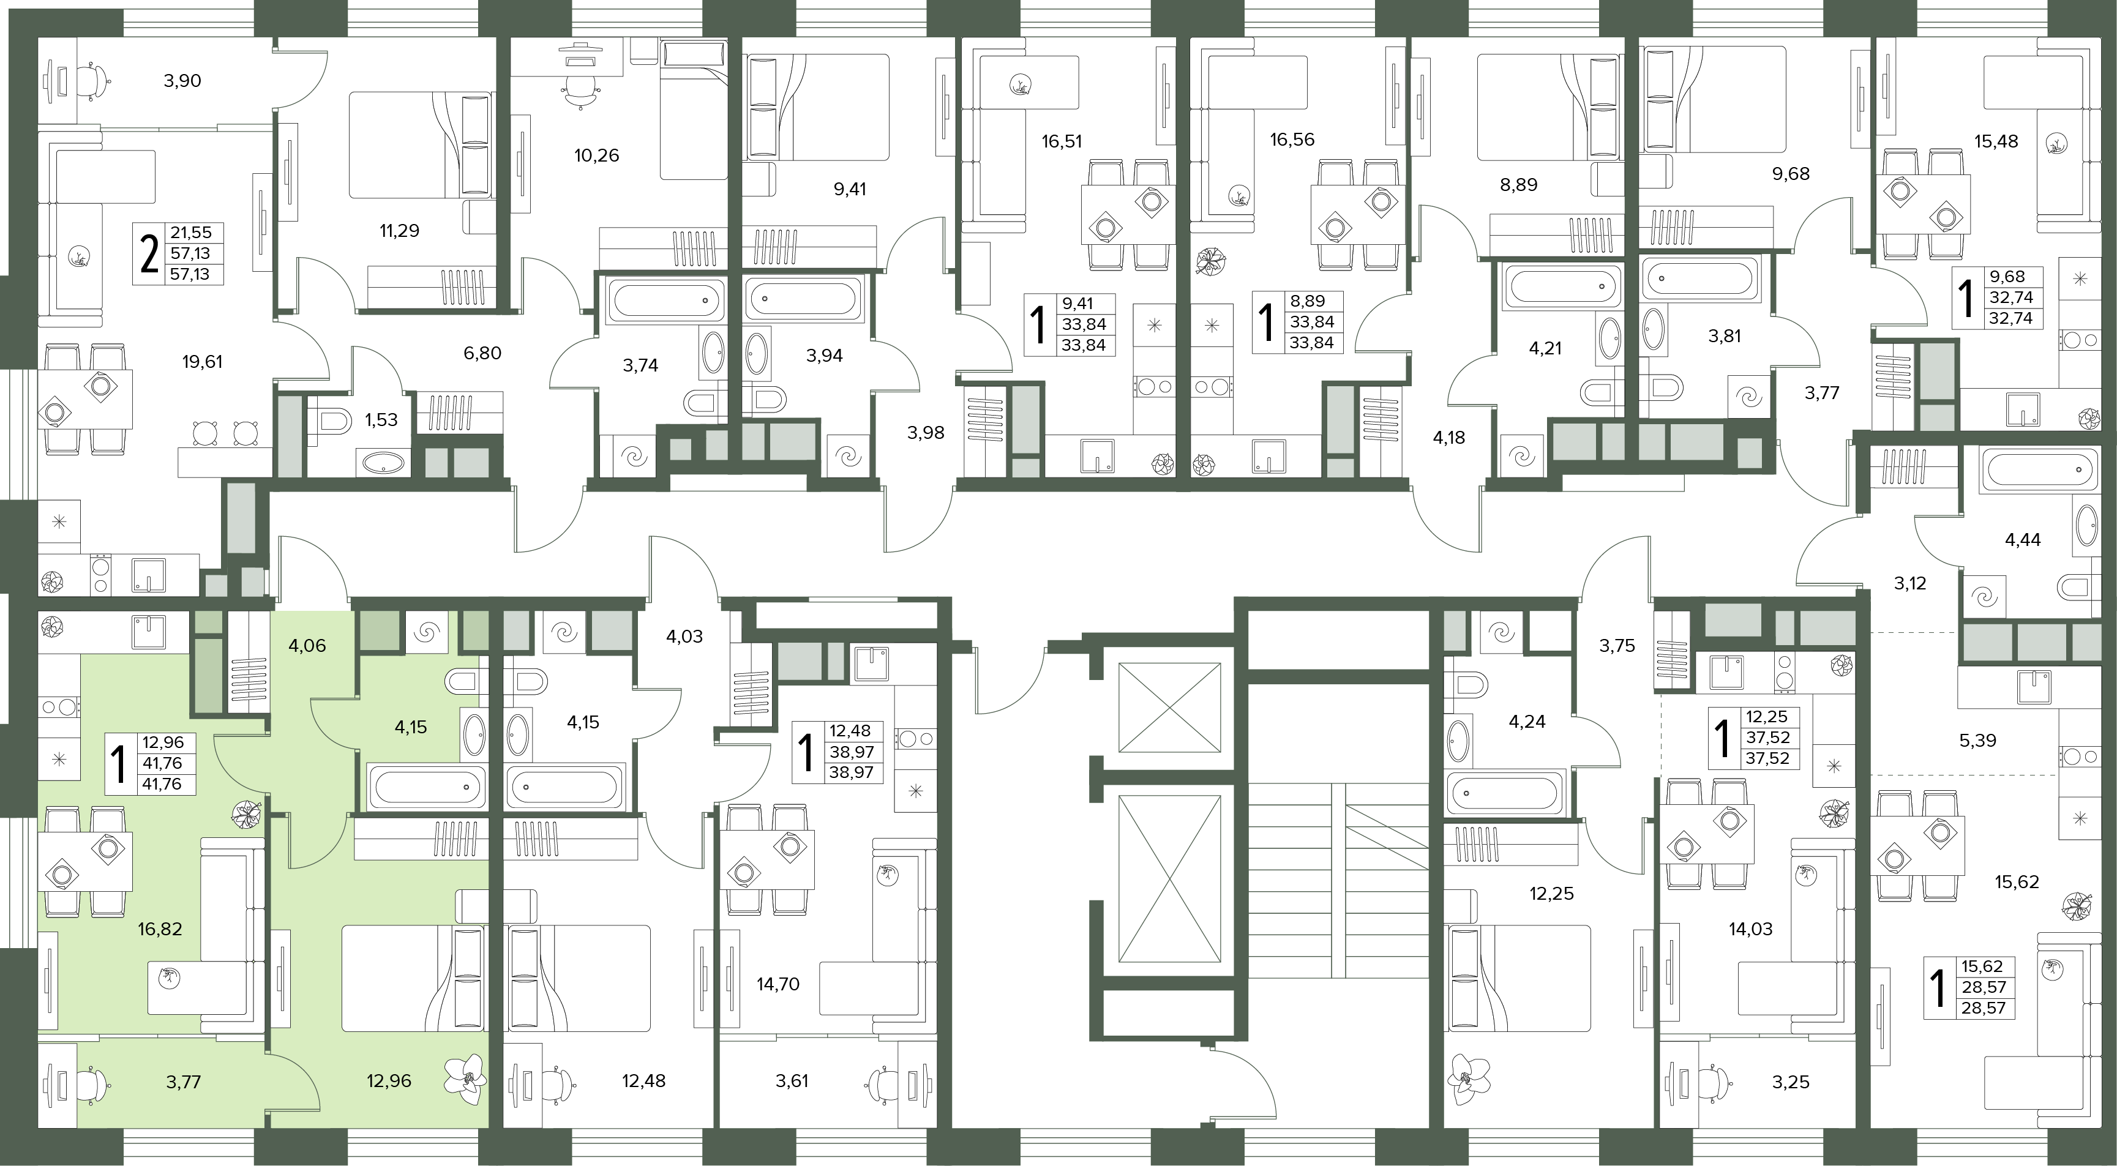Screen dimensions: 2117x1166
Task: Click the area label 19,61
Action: pyautogui.click(x=202, y=362)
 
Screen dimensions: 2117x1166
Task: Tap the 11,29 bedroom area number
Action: pyautogui.click(x=399, y=231)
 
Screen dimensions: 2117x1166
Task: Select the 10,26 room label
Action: pyautogui.click(x=597, y=155)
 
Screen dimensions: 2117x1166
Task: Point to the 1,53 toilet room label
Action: pyautogui.click(x=381, y=420)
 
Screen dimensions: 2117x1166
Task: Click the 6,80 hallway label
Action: pyautogui.click(x=482, y=353)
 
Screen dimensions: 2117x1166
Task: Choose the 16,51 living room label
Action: pyautogui.click(x=1062, y=141)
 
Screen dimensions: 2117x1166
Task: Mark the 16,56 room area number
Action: pyautogui.click(x=1292, y=140)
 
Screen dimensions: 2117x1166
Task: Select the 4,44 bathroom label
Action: pyautogui.click(x=2023, y=540)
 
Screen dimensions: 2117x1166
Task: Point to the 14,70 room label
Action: pyautogui.click(x=777, y=984)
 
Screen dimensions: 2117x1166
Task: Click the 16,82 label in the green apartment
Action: pyautogui.click(x=160, y=929)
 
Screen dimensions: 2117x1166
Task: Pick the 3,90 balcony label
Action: pyautogui.click(x=182, y=81)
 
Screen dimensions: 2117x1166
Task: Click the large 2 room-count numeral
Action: pyautogui.click(x=149, y=254)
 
